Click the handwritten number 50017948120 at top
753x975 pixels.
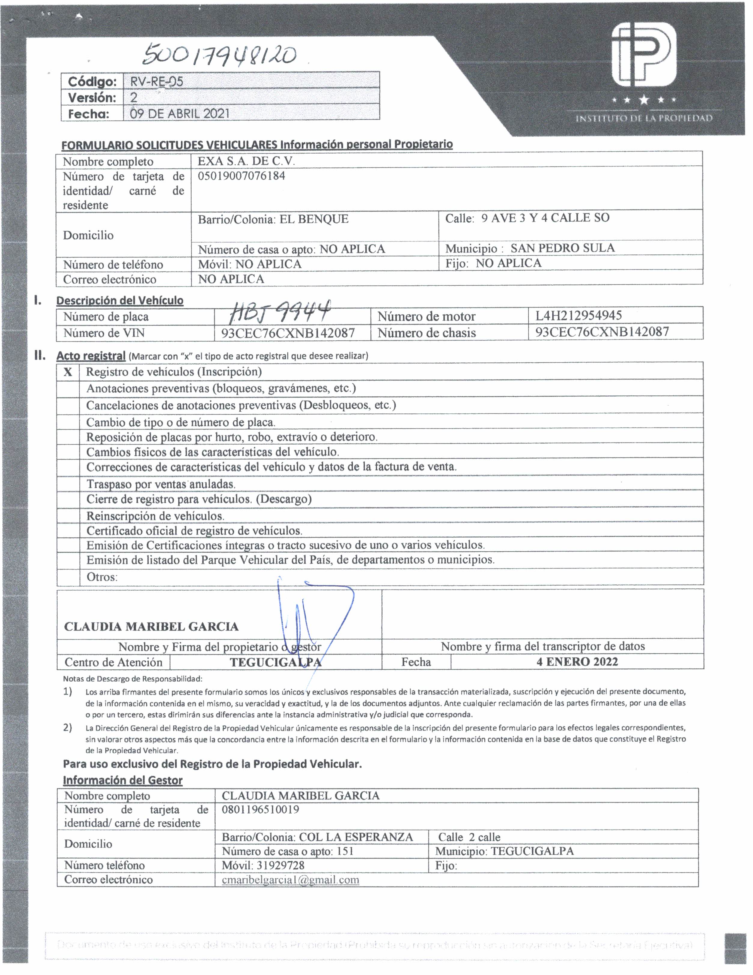(x=219, y=56)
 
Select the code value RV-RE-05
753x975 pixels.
(x=156, y=82)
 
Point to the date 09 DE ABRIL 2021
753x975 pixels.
(x=180, y=113)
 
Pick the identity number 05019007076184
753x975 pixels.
(x=241, y=176)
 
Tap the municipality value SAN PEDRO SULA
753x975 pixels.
(x=563, y=248)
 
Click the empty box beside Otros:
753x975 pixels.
(x=68, y=577)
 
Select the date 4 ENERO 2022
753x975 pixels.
(x=577, y=661)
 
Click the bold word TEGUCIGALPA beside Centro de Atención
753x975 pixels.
(x=275, y=662)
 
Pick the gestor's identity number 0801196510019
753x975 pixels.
(x=260, y=809)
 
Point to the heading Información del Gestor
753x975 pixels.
(x=123, y=780)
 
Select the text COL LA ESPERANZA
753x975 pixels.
(x=356, y=837)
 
